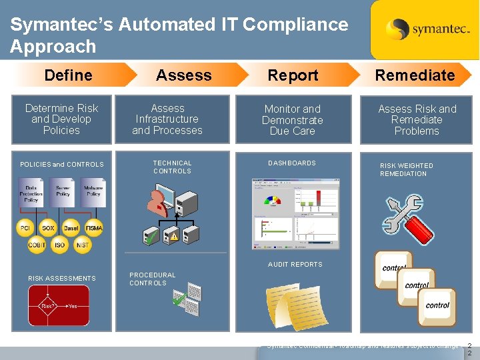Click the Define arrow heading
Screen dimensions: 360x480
pos(69,75)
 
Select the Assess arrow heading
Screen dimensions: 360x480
pos(184,75)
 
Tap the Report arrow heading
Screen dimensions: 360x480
pos(293,75)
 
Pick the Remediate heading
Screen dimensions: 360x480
pos(415,75)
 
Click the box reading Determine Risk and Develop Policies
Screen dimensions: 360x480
pos(61,119)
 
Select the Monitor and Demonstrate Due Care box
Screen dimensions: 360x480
pos(293,120)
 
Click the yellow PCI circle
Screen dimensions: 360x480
pos(25,228)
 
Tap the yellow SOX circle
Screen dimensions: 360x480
pos(48,228)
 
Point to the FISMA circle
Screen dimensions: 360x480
pos(94,228)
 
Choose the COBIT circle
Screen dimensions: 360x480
pos(37,245)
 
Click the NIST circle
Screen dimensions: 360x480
pos(82,245)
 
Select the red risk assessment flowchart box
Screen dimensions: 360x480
pos(59,305)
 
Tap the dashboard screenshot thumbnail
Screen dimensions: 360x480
pos(295,213)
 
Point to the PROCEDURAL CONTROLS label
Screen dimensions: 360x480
pos(152,279)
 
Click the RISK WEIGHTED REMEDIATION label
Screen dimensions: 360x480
pos(406,169)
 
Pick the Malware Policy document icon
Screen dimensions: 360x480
pos(93,195)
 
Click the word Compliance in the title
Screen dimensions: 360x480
pos(295,25)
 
